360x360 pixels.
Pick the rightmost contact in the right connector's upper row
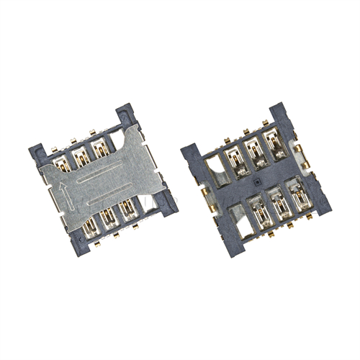tap(274, 144)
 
